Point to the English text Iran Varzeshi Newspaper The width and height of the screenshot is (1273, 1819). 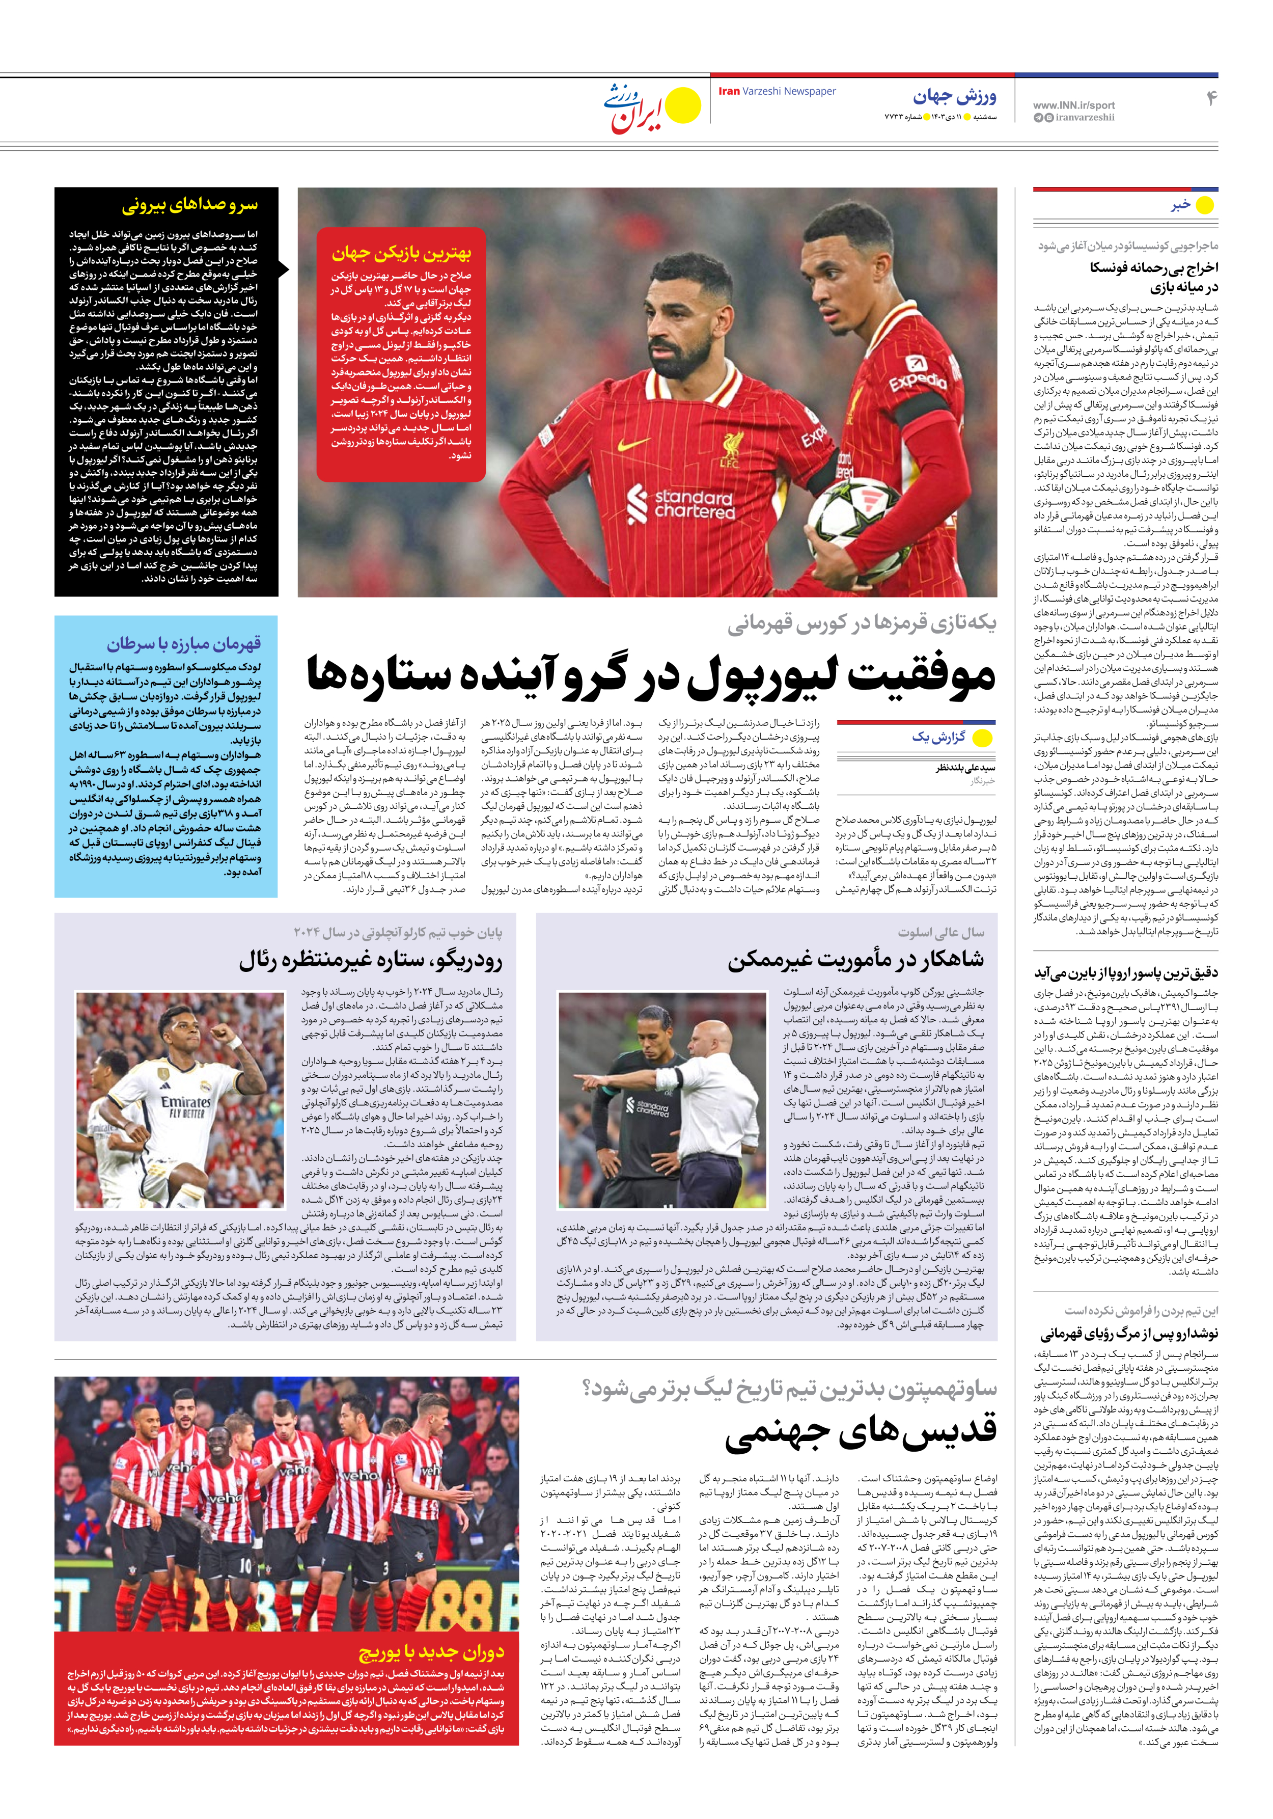point(777,91)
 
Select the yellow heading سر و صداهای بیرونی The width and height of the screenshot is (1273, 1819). point(189,206)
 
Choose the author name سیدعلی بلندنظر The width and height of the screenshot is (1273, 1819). point(965,768)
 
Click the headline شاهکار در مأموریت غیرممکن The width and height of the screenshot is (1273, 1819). point(855,959)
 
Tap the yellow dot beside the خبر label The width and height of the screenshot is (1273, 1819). point(1204,206)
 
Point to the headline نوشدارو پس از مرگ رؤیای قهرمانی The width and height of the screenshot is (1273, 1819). point(1129,1334)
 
